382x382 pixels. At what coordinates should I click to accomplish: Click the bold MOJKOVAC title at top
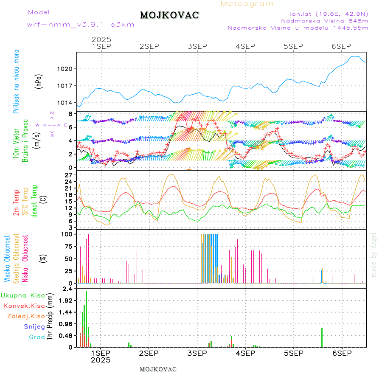click(x=169, y=15)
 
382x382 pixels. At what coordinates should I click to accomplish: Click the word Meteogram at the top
click(x=247, y=4)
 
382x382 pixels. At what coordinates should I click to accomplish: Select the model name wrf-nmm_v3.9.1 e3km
click(x=81, y=25)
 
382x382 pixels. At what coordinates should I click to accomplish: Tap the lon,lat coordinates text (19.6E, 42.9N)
click(x=329, y=14)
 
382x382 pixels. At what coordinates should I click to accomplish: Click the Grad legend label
click(x=37, y=337)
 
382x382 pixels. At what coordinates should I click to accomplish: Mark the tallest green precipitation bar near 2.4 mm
click(x=86, y=318)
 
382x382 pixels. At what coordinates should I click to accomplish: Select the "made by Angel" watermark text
click(x=374, y=255)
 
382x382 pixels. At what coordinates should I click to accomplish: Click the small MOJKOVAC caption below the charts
click(x=158, y=369)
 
